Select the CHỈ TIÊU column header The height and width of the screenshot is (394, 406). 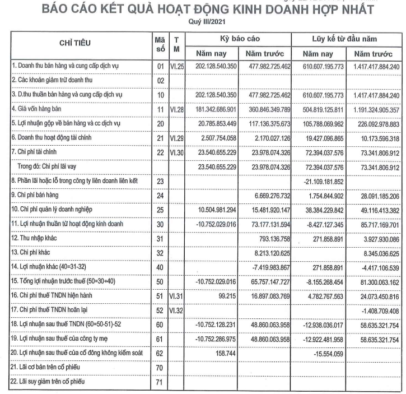[x=78, y=43]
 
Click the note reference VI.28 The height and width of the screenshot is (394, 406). [x=177, y=109]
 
